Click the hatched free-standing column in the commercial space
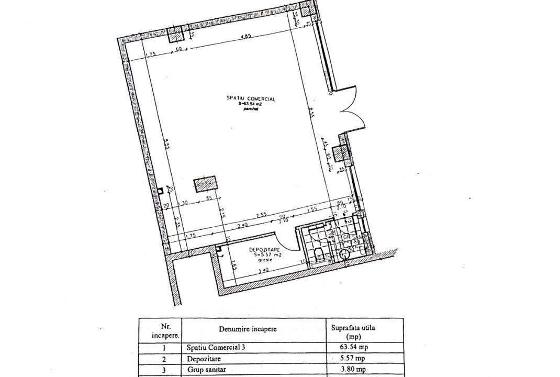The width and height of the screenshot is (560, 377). point(206,184)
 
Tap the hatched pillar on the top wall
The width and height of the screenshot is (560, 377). point(175,35)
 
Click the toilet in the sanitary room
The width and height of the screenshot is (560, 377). point(319,255)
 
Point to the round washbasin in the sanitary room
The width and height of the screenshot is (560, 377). point(344,255)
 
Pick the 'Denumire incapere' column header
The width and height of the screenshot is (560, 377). point(248,329)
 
